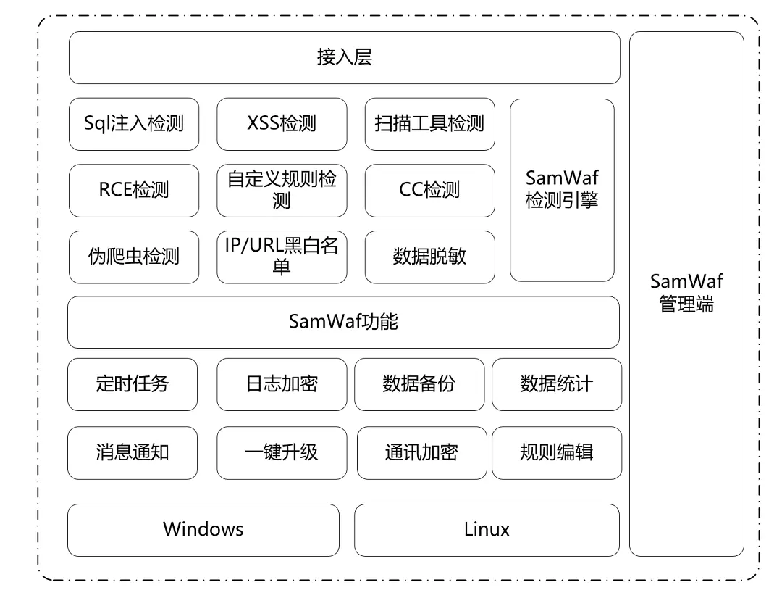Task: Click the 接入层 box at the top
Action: pos(344,58)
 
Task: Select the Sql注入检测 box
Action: pos(134,123)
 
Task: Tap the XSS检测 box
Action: pos(282,123)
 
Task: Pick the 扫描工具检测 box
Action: pos(429,123)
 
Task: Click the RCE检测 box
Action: pos(134,190)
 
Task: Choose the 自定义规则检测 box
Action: pos(282,190)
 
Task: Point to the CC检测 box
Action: pos(429,190)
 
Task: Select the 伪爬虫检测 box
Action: pos(134,257)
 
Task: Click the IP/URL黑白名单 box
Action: pos(282,257)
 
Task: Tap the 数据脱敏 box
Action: pos(429,257)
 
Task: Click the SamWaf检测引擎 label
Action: pos(562,189)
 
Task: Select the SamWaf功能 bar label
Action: pos(343,322)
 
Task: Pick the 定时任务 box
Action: pos(132,384)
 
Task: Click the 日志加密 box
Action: pos(282,384)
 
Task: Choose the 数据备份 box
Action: pos(419,384)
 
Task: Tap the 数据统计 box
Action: pos(556,384)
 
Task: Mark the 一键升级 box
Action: pos(282,453)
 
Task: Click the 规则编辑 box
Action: pos(556,453)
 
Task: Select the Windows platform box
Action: pos(203,530)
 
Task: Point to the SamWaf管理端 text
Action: pos(686,293)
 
